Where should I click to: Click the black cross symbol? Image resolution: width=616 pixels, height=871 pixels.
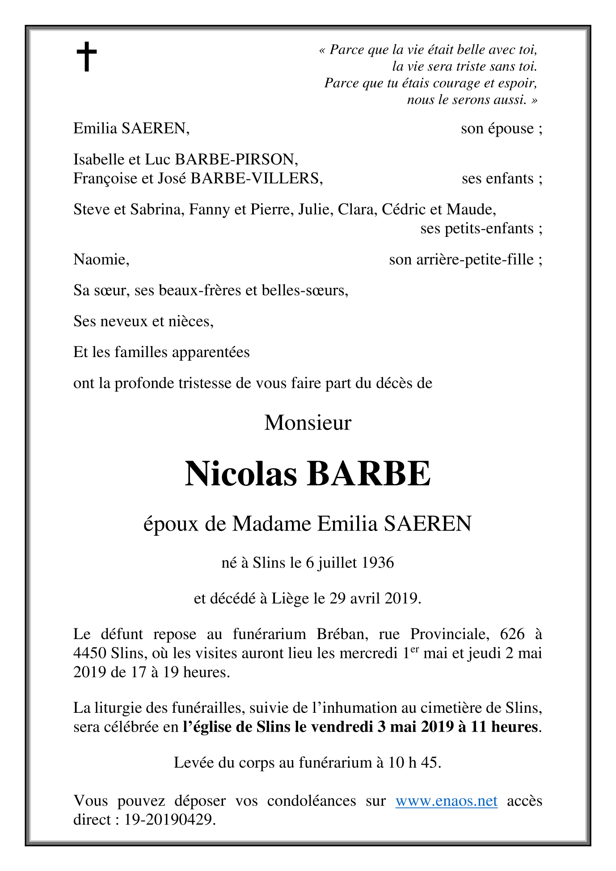[x=86, y=57]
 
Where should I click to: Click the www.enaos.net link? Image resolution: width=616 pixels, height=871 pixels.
[x=446, y=800]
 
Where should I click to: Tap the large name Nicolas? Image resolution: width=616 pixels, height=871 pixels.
[x=241, y=474]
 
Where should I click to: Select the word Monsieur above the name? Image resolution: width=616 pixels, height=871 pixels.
[x=308, y=423]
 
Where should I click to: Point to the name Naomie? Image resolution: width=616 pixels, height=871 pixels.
[x=101, y=260]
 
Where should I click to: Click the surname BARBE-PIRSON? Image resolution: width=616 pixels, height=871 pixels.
[x=236, y=159]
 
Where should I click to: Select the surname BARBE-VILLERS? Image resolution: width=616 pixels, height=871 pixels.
[x=256, y=178]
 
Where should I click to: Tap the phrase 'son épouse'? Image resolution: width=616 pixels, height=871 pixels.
[x=498, y=129]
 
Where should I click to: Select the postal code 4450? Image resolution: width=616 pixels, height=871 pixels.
[x=90, y=653]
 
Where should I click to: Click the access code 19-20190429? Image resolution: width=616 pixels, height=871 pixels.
[x=169, y=820]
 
